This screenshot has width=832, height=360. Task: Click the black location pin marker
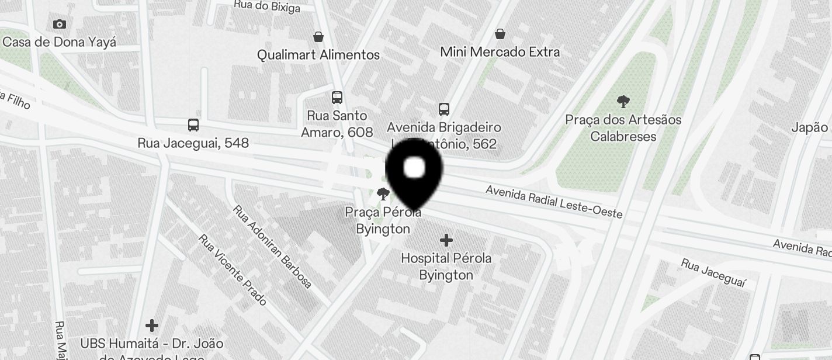[414, 170]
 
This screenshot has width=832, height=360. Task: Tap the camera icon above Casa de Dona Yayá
[59, 24]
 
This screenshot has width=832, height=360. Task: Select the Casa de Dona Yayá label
[59, 42]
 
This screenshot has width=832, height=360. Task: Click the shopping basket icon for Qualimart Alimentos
[318, 37]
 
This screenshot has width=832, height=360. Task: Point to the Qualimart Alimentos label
[318, 55]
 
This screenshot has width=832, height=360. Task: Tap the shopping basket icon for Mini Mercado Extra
[500, 34]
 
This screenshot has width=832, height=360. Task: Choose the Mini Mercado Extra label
[500, 52]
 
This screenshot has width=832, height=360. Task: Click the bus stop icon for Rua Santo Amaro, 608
[337, 98]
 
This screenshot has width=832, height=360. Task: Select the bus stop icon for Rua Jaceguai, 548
[193, 124]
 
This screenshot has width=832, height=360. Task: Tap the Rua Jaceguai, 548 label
[193, 143]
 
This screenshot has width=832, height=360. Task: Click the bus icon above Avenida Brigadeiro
[444, 109]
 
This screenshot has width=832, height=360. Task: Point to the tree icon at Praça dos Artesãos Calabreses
[623, 102]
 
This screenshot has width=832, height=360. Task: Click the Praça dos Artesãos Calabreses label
[623, 128]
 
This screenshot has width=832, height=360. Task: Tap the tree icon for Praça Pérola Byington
[383, 194]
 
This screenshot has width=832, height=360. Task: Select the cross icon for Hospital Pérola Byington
[446, 240]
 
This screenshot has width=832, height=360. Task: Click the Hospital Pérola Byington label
[446, 266]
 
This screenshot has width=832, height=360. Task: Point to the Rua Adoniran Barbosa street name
[272, 246]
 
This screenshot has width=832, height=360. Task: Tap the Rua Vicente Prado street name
[233, 269]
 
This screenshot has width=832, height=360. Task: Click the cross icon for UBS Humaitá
[152, 325]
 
